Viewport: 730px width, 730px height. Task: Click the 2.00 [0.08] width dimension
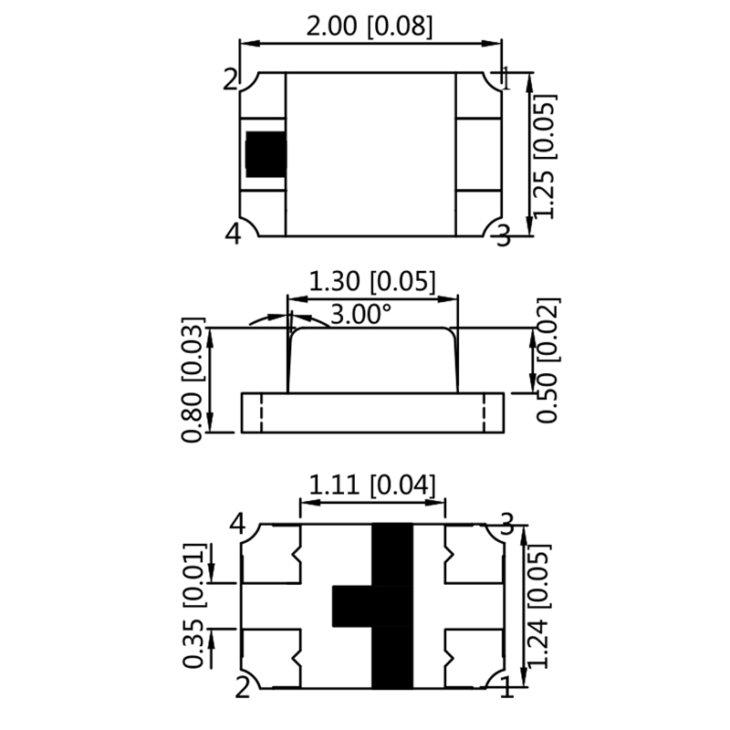370,26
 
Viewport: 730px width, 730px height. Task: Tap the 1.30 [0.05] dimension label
372,280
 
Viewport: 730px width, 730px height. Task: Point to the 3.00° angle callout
360,314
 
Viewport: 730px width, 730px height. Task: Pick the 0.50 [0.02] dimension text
546,360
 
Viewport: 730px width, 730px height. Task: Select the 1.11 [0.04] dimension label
372,484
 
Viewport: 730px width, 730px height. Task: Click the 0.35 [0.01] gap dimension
193,606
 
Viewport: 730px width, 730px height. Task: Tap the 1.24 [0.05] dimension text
538,606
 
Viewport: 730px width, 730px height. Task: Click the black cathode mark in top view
266,153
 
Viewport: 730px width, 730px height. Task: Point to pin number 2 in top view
230,80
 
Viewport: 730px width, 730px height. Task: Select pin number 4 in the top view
233,234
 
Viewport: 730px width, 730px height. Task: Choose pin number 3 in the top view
503,237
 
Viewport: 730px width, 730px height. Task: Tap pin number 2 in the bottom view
243,687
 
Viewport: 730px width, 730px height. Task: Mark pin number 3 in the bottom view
506,525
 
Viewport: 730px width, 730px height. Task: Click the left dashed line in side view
261,412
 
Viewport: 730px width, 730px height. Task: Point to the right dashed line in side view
483,412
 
